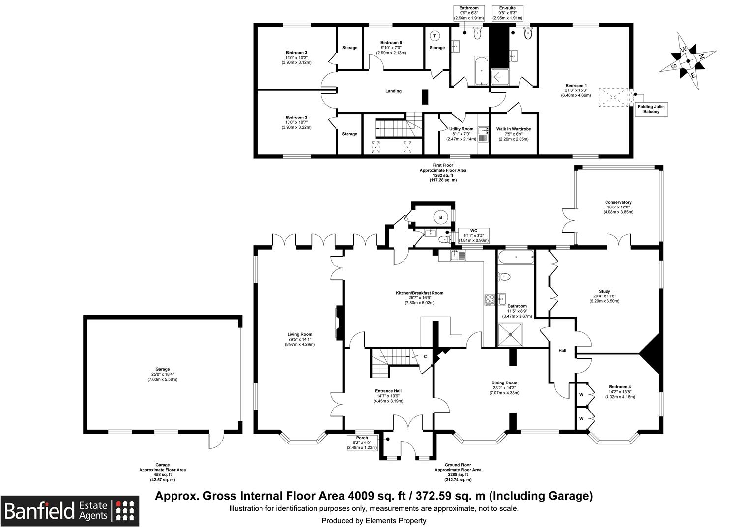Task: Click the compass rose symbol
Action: coord(688,61)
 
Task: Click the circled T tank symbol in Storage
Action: coord(435,36)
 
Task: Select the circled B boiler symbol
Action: coord(440,217)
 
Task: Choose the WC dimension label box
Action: coord(473,236)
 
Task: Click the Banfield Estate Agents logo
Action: coord(69,511)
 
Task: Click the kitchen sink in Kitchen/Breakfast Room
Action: coord(458,255)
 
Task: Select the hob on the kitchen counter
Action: coord(490,299)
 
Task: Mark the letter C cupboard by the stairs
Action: coord(424,357)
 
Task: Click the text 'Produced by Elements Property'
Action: coord(374,521)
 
